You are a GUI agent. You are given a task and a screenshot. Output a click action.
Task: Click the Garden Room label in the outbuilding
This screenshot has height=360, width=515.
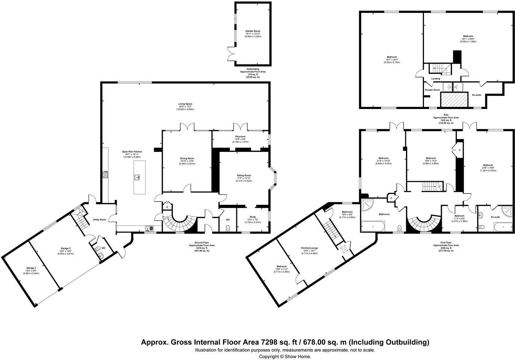pyautogui.click(x=252, y=31)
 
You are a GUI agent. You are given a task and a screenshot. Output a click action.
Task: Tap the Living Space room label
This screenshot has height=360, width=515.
pyautogui.click(x=185, y=104)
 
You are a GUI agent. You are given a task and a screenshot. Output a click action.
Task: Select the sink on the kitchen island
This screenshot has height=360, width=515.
pyautogui.click(x=138, y=178)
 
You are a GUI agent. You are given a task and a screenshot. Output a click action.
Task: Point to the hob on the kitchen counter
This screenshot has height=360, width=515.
pyautogui.click(x=106, y=175)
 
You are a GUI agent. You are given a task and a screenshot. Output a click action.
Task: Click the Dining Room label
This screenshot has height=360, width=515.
pyautogui.click(x=187, y=158)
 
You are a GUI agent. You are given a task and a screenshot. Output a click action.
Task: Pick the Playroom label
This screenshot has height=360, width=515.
pyautogui.click(x=240, y=136)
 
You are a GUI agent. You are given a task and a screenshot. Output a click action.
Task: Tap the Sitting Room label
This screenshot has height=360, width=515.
pyautogui.click(x=244, y=176)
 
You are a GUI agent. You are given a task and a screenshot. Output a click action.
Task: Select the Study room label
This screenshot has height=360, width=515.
pyautogui.click(x=253, y=217)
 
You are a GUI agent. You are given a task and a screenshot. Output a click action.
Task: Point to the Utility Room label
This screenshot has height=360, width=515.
pyautogui.click(x=99, y=220)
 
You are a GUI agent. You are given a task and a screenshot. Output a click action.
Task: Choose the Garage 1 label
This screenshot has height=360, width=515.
pyautogui.click(x=31, y=268)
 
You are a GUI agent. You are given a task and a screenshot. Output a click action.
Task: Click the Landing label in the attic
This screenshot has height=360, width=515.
pyautogui.click(x=436, y=79)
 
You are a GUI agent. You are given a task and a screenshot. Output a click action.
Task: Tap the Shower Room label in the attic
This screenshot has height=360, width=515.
pyautogui.click(x=432, y=90)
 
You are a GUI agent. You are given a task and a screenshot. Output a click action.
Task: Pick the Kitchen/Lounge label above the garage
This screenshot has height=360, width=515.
pyautogui.click(x=309, y=248)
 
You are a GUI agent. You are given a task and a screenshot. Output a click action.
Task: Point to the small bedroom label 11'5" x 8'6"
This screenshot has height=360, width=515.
pyautogui.click(x=459, y=216)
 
